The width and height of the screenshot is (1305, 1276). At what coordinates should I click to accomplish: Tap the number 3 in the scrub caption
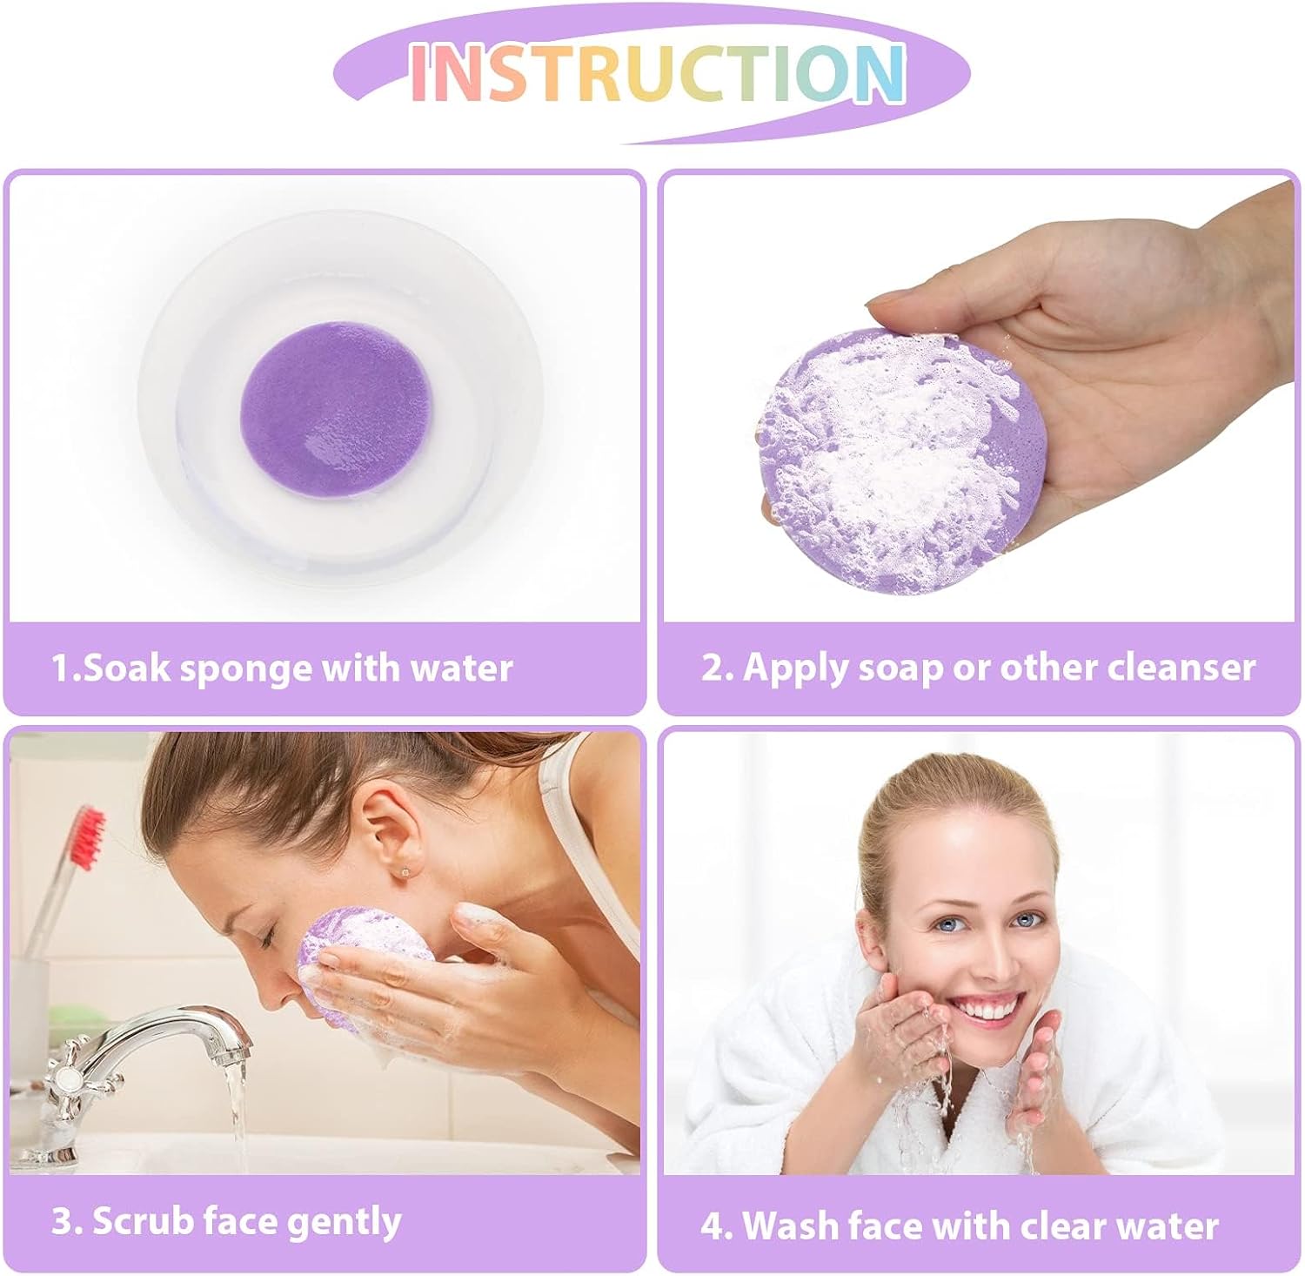click(64, 1221)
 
